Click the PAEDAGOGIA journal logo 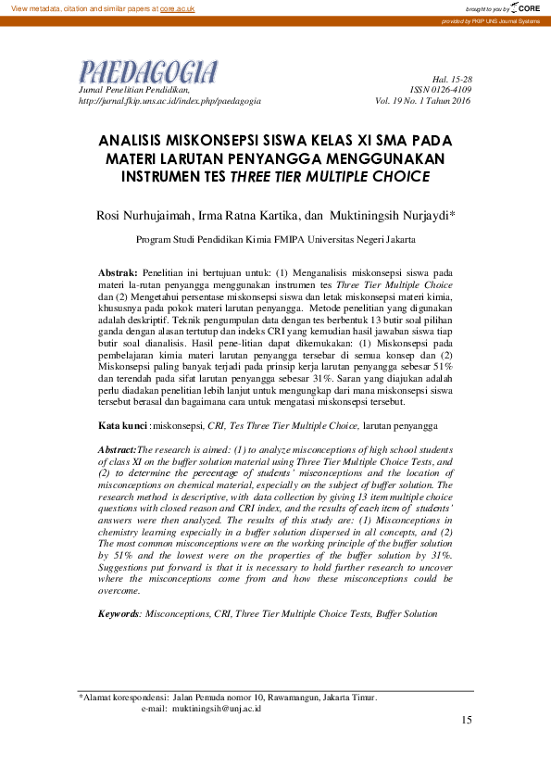coord(148,72)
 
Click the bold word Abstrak coord(118,273)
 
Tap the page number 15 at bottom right coord(467,720)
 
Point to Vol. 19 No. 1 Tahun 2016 coord(423,100)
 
